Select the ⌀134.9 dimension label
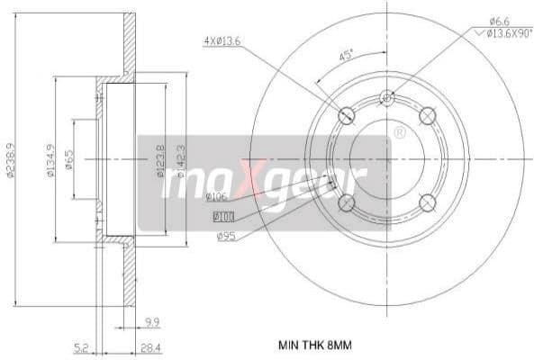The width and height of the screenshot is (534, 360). click(50, 159)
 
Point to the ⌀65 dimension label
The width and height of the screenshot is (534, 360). click(68, 159)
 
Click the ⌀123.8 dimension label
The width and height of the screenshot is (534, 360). click(159, 159)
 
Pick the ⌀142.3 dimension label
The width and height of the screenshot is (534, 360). click(180, 159)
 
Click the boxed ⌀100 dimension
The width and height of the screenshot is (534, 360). click(222, 216)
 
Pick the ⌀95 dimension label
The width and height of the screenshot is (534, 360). click(226, 236)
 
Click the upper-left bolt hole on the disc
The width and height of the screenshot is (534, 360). click(345, 114)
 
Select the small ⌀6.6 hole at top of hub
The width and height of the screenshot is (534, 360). click(387, 97)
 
